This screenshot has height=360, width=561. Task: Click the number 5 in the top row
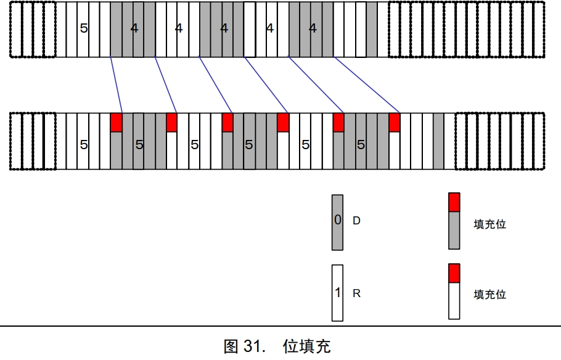(84, 28)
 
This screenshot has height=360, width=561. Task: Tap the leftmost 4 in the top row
(134, 28)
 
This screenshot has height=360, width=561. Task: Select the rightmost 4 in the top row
(313, 28)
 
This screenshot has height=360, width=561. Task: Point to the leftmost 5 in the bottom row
(84, 145)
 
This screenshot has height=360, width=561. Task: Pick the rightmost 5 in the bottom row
(361, 145)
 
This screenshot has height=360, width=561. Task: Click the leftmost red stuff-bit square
(116, 122)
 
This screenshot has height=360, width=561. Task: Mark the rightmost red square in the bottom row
(395, 122)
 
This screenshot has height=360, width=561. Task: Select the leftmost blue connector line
(117, 86)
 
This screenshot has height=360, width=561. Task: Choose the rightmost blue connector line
(367, 86)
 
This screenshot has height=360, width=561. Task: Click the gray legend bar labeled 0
(337, 223)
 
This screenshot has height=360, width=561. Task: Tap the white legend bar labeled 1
(337, 293)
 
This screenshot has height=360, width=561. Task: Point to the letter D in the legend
(356, 220)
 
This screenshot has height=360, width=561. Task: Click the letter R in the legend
(356, 293)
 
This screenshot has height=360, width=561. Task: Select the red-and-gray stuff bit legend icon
(454, 221)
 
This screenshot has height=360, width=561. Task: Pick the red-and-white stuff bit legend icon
(454, 291)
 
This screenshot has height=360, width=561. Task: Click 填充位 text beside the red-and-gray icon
(489, 224)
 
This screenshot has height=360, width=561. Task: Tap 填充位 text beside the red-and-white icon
(489, 294)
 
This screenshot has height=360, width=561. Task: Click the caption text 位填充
(306, 346)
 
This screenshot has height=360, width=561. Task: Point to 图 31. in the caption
(243, 346)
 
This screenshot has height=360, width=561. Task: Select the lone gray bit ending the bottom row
(438, 141)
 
